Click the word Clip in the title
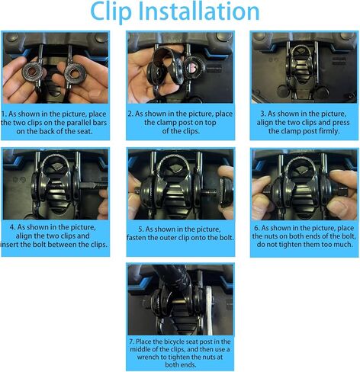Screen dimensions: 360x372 pyautogui.click(x=111, y=12)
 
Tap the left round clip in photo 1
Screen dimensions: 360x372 pyautogui.click(x=32, y=70)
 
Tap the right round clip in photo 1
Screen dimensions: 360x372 pyautogui.click(x=74, y=72)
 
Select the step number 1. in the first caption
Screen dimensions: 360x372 pyautogui.click(x=4, y=114)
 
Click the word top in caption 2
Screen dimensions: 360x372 pyautogui.click(x=210, y=123)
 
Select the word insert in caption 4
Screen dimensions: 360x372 pyautogui.click(x=11, y=245)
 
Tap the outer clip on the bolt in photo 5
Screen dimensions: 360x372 pyautogui.click(x=227, y=191)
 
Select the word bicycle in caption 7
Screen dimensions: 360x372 pyautogui.click(x=177, y=342)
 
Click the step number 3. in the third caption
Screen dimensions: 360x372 pyautogui.click(x=263, y=114)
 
